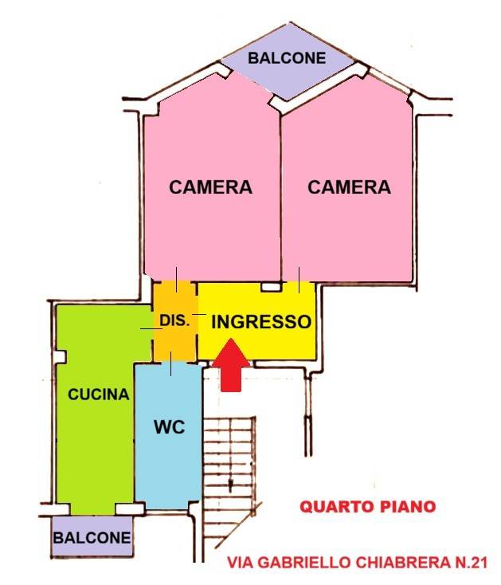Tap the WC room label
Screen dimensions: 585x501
[x=169, y=426]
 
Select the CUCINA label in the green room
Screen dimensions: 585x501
[x=98, y=394]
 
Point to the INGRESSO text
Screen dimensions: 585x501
[x=260, y=322]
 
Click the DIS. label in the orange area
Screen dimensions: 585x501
[x=174, y=321]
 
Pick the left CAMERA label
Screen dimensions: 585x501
[x=210, y=187]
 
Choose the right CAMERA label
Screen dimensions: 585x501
[x=349, y=187]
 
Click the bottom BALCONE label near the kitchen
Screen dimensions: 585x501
[x=92, y=538]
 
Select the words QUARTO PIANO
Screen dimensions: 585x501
[x=367, y=506]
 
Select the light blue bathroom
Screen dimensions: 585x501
[x=167, y=462]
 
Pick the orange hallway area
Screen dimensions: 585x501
[x=174, y=339]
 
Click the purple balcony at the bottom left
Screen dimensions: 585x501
[x=92, y=550]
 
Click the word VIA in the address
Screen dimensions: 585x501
[x=241, y=563]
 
